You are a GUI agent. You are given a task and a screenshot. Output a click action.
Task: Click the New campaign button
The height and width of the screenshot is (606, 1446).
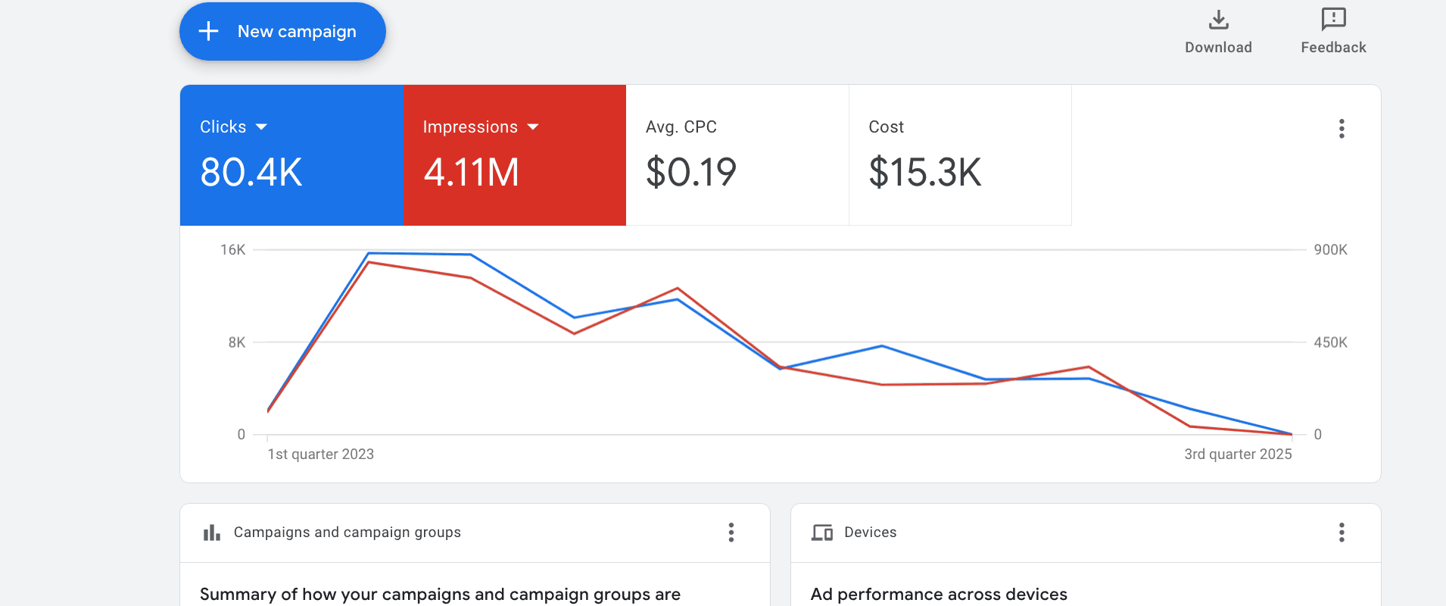tap(282, 32)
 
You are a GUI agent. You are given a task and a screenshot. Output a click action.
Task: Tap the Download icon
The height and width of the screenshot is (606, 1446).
tap(1219, 20)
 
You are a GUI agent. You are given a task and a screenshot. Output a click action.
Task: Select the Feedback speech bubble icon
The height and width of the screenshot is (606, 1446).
tap(1334, 19)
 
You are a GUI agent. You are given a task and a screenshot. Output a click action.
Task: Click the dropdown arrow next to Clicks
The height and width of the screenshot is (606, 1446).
tap(262, 127)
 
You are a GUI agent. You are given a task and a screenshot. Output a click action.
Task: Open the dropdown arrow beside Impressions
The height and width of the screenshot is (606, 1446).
tap(533, 127)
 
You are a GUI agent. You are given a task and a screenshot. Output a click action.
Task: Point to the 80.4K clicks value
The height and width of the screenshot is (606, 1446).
tap(251, 172)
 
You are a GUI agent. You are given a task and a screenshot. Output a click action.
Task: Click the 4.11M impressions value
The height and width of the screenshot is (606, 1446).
tap(472, 172)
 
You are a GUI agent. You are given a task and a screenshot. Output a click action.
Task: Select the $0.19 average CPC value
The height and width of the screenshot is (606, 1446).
tap(691, 172)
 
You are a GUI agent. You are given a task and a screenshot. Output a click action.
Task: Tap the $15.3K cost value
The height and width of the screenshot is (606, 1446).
tap(925, 172)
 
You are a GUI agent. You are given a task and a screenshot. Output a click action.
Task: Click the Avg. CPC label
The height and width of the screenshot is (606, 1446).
tap(681, 127)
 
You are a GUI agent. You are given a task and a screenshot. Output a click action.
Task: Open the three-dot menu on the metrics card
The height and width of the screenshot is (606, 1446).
tap(1342, 129)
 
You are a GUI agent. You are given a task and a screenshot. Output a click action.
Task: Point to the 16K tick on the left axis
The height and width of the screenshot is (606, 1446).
tap(233, 250)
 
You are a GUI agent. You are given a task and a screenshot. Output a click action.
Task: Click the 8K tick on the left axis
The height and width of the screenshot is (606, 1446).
tap(237, 342)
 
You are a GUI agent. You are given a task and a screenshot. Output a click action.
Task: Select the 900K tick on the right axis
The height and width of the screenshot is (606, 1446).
tap(1331, 250)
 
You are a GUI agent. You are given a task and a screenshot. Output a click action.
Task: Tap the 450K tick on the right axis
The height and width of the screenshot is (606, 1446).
tap(1331, 342)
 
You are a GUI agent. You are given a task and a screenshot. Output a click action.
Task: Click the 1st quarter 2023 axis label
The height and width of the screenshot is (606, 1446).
tap(321, 454)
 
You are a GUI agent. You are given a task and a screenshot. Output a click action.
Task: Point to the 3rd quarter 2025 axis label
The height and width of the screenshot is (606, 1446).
tap(1239, 454)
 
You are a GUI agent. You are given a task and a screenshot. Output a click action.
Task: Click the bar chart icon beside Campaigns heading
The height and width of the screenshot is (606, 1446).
tap(212, 533)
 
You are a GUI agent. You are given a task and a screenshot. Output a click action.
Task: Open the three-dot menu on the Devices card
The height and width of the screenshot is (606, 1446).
tap(1342, 533)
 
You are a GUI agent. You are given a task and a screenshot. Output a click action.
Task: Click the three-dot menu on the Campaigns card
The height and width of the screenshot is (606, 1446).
tap(731, 533)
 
